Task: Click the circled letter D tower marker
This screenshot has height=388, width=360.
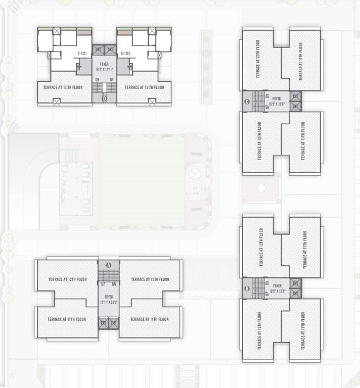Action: coord(104,99)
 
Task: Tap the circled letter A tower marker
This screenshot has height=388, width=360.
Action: coord(108,265)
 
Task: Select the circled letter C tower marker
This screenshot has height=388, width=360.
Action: coord(247,102)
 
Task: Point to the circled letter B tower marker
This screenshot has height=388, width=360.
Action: coord(247,289)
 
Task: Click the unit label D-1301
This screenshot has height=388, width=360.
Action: coord(82,53)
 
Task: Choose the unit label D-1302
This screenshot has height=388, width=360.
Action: coord(126,53)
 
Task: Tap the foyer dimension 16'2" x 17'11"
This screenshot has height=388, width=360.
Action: coord(104,69)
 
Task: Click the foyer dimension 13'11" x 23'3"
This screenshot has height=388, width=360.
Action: coord(108,303)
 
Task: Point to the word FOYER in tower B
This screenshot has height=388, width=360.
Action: coord(277,286)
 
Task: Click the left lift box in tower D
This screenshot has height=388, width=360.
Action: coord(98,49)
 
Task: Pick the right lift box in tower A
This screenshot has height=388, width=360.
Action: coord(114,322)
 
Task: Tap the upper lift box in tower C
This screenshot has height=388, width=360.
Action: coord(296,95)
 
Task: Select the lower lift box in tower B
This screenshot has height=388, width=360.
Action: coord(296,293)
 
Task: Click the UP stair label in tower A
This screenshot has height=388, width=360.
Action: coord(103,284)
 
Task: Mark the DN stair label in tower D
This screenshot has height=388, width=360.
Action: coord(97,79)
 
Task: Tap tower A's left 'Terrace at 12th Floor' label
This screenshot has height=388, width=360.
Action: coord(68,279)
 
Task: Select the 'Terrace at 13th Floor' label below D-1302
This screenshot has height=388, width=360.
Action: coord(145,87)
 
